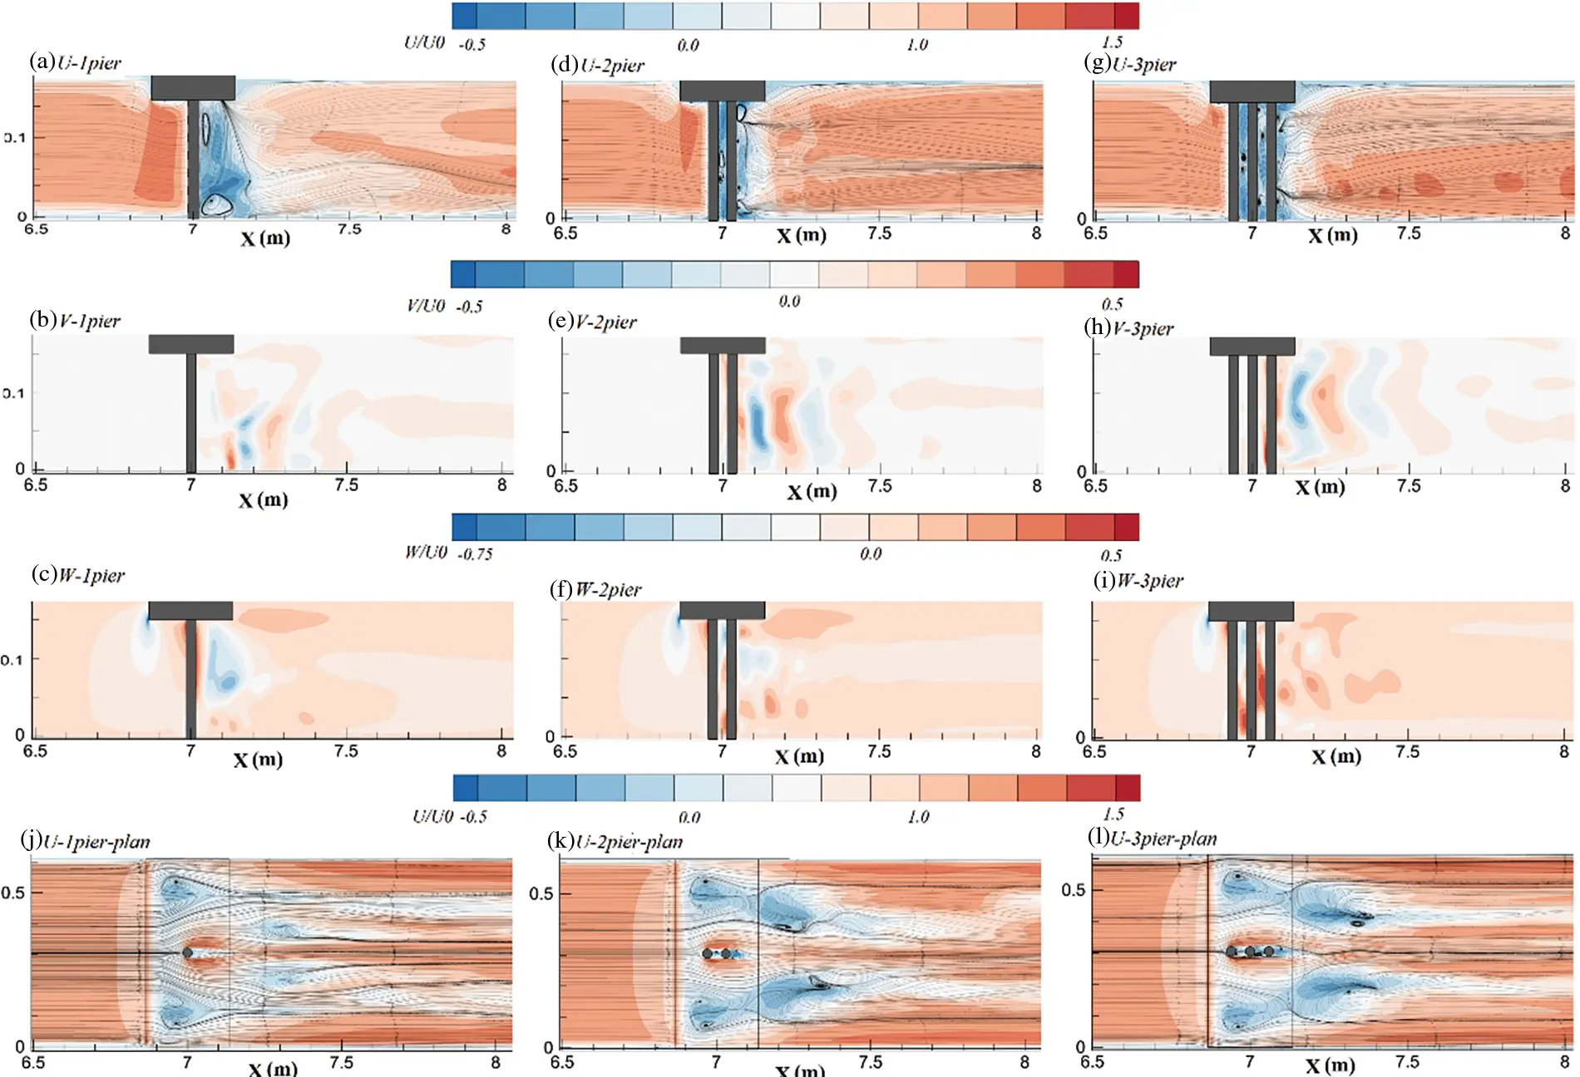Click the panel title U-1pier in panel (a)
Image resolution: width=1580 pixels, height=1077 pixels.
[x=89, y=63]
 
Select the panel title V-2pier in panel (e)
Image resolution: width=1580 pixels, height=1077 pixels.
[x=605, y=322]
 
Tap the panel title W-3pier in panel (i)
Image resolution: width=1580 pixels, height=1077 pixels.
[x=1149, y=581]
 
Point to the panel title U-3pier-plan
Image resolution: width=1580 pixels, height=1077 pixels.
[x=1163, y=839]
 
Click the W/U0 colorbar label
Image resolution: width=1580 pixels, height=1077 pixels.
[x=426, y=553]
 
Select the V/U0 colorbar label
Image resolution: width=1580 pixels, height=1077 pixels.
[x=426, y=305]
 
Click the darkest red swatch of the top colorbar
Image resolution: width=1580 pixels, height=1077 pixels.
[x=1126, y=16]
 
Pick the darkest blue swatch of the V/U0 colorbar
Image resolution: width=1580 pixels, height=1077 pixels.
[x=463, y=274]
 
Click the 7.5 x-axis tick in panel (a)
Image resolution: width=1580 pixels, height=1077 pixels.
[x=349, y=229]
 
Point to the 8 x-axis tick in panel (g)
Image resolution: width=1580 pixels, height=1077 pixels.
[x=1565, y=234]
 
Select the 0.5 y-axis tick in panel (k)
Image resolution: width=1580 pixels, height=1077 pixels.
[x=541, y=894]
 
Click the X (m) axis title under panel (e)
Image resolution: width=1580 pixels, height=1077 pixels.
[x=812, y=492]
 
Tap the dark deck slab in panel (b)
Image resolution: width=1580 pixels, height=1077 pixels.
[x=191, y=344]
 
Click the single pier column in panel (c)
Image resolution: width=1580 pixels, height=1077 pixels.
[x=191, y=677]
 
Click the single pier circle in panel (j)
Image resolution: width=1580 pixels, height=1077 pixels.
[x=188, y=953]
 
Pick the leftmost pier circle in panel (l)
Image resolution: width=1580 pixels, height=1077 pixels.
[x=1232, y=952]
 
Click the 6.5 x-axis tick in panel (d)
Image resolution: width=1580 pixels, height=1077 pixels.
[x=565, y=234]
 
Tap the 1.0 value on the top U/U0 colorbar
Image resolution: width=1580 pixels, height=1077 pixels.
[x=917, y=45]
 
